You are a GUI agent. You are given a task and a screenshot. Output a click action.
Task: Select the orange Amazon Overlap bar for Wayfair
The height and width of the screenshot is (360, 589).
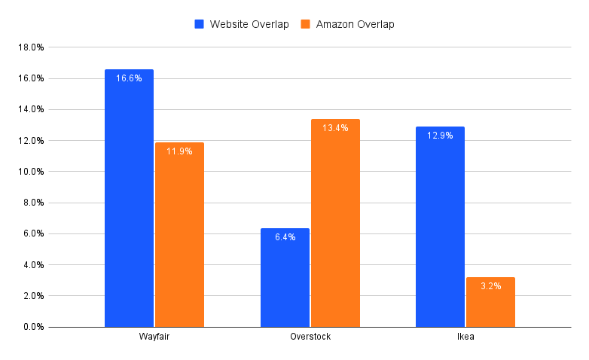click(179, 234)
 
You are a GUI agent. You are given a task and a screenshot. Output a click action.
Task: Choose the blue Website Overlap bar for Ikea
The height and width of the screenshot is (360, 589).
click(440, 227)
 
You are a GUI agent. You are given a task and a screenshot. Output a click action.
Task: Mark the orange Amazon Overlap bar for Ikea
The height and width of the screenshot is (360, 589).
click(490, 302)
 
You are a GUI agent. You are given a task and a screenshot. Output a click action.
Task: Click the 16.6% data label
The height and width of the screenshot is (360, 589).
click(129, 78)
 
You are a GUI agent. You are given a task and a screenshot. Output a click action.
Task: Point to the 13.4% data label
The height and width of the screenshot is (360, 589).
click(335, 128)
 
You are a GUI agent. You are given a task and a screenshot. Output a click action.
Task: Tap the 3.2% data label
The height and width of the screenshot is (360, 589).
click(490, 286)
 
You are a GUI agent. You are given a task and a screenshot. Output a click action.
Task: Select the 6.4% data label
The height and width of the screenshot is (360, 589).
click(285, 237)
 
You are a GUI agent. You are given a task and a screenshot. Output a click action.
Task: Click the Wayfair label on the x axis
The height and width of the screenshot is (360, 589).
click(154, 337)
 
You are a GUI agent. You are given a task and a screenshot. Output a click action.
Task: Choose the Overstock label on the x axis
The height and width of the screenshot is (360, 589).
click(310, 337)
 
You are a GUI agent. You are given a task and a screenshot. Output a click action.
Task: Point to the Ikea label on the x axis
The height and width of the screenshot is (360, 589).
click(465, 337)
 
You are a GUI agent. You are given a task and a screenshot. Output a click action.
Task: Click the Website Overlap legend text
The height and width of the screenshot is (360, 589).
click(249, 24)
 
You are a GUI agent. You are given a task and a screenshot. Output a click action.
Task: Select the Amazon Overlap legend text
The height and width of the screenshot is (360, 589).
click(355, 24)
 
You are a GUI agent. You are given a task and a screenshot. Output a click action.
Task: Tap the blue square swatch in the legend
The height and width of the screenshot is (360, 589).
click(200, 24)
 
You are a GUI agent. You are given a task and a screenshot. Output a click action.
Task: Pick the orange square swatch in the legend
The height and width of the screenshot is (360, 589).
click(306, 24)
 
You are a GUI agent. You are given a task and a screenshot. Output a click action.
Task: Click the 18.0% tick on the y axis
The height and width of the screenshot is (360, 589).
click(31, 47)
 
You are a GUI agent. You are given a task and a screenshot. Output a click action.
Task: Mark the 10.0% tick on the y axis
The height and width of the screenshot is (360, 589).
click(31, 172)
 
